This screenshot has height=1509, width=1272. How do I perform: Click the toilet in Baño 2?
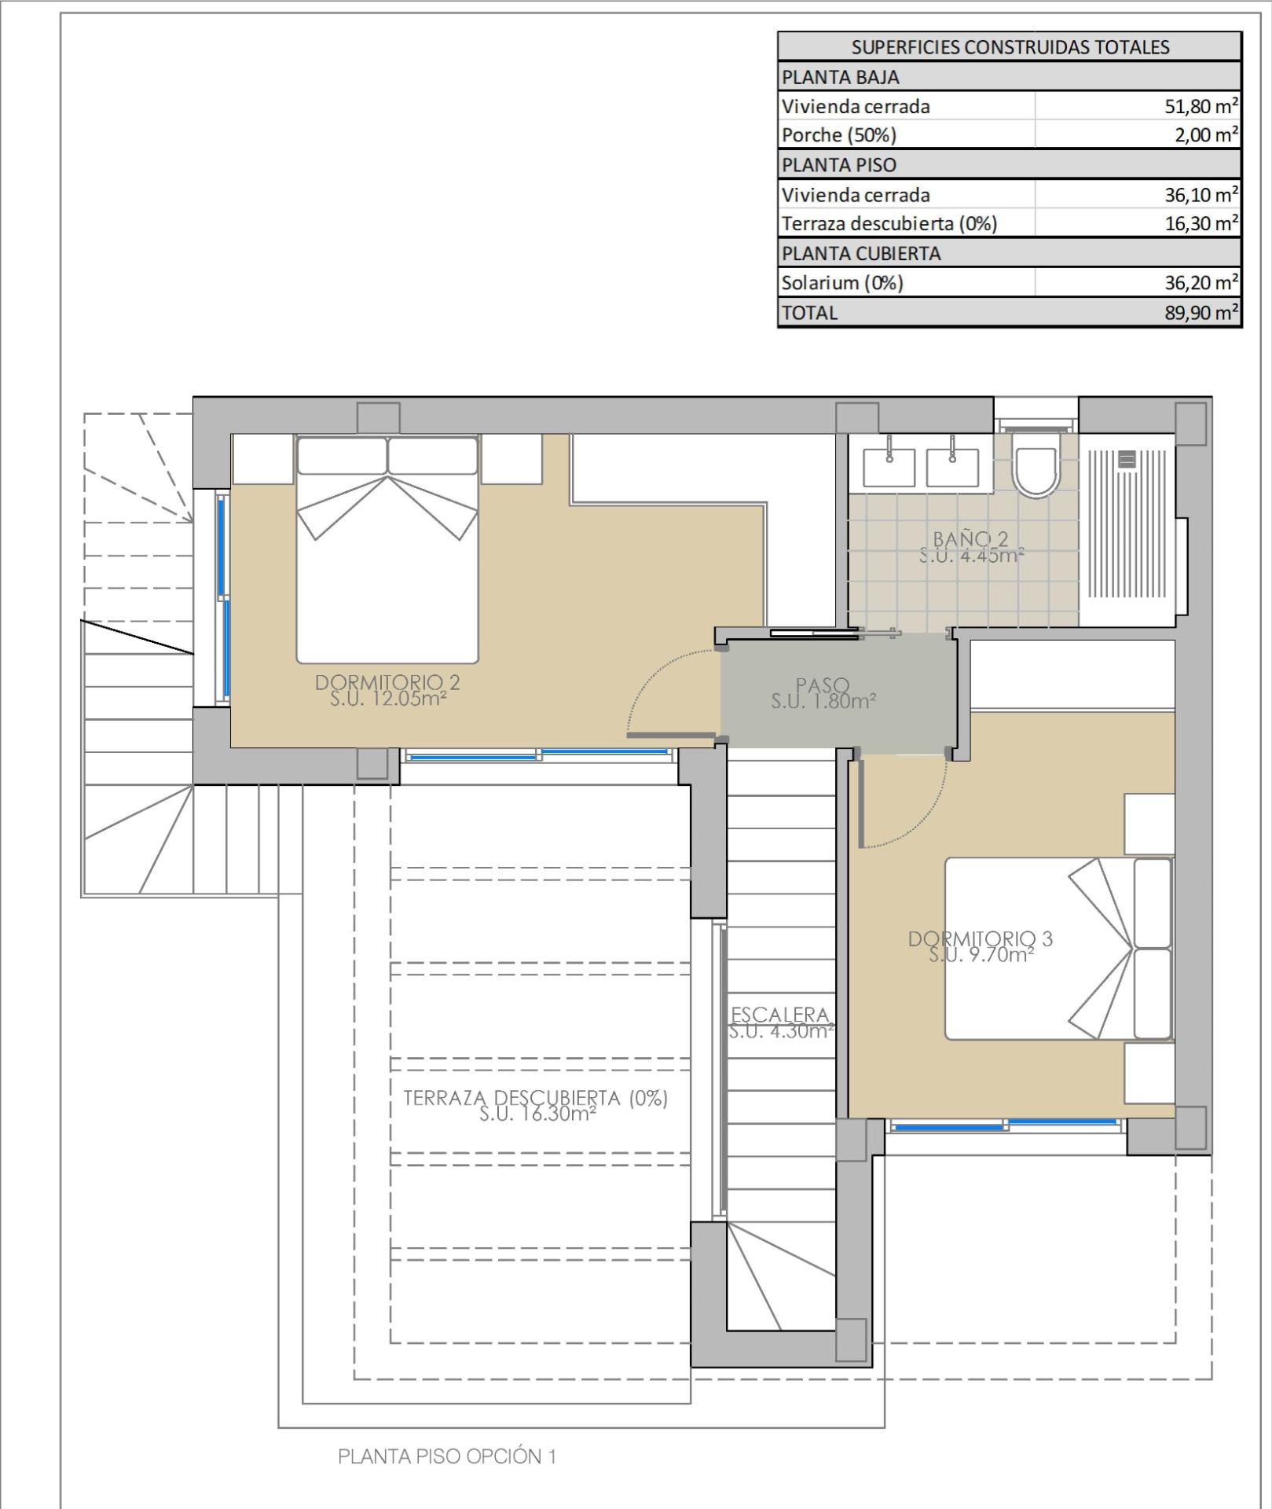pos(1036,464)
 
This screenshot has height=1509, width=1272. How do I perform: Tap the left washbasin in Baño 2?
pos(889,467)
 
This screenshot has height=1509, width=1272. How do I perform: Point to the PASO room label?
pos(823,685)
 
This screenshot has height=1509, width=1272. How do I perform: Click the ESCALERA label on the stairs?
pos(780,1015)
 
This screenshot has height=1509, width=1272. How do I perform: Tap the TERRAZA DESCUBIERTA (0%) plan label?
pos(536,1098)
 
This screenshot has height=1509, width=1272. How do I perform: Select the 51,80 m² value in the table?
pos(1201,106)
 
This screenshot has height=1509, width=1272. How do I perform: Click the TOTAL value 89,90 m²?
pos(1201,313)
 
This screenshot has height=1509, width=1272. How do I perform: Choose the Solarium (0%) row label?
pos(842,283)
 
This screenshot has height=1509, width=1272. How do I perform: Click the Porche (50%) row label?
pos(839,135)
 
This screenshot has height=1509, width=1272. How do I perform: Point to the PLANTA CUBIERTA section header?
pos(861,254)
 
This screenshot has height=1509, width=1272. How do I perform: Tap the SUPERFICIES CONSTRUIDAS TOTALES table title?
pos(1010,47)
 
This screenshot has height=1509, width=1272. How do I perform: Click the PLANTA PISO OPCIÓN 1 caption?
pos(447,1456)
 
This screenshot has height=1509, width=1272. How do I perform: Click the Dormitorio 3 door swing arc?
pos(924,818)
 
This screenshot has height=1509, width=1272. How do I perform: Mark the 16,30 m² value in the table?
pos(1201,224)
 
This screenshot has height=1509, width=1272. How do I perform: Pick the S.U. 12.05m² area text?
pos(388,698)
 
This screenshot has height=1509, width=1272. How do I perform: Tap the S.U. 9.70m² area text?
pos(981,954)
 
